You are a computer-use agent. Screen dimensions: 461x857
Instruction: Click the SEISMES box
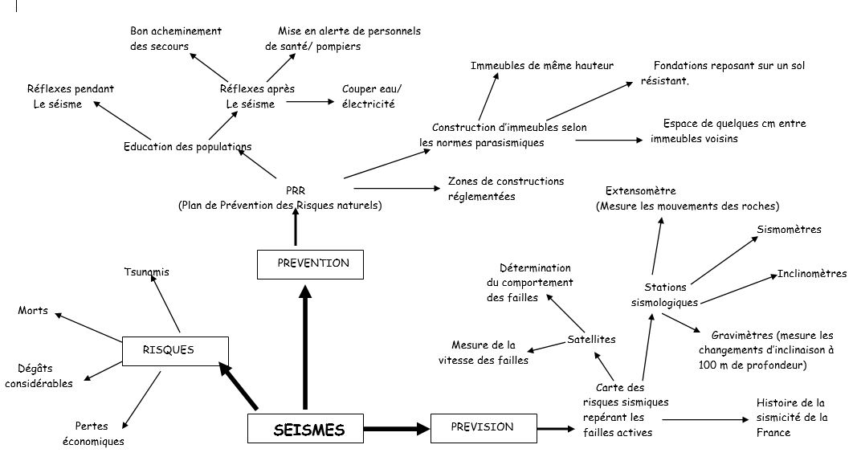[308, 430]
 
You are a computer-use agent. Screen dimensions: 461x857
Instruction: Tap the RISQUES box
[174, 350]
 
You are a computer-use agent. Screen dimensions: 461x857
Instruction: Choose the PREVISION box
[482, 427]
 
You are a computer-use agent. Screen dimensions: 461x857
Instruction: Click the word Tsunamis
[147, 272]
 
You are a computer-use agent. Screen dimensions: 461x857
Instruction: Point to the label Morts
[33, 311]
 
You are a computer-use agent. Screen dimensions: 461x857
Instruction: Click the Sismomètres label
[789, 230]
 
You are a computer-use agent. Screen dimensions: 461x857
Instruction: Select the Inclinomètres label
[812, 274]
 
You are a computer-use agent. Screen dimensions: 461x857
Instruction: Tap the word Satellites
[591, 340]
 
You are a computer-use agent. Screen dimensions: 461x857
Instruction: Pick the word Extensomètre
[640, 191]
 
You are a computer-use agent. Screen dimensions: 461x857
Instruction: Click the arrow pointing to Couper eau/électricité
[309, 101]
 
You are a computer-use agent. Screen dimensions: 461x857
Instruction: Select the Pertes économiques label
[93, 434]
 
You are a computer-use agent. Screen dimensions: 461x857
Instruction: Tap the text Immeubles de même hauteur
[542, 66]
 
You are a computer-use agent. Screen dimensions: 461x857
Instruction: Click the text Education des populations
[187, 147]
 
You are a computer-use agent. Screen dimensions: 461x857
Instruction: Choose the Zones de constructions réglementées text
[505, 189]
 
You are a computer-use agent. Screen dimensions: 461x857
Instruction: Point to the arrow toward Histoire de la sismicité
[703, 419]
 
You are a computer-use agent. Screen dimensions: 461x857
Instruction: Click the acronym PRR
[296, 192]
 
